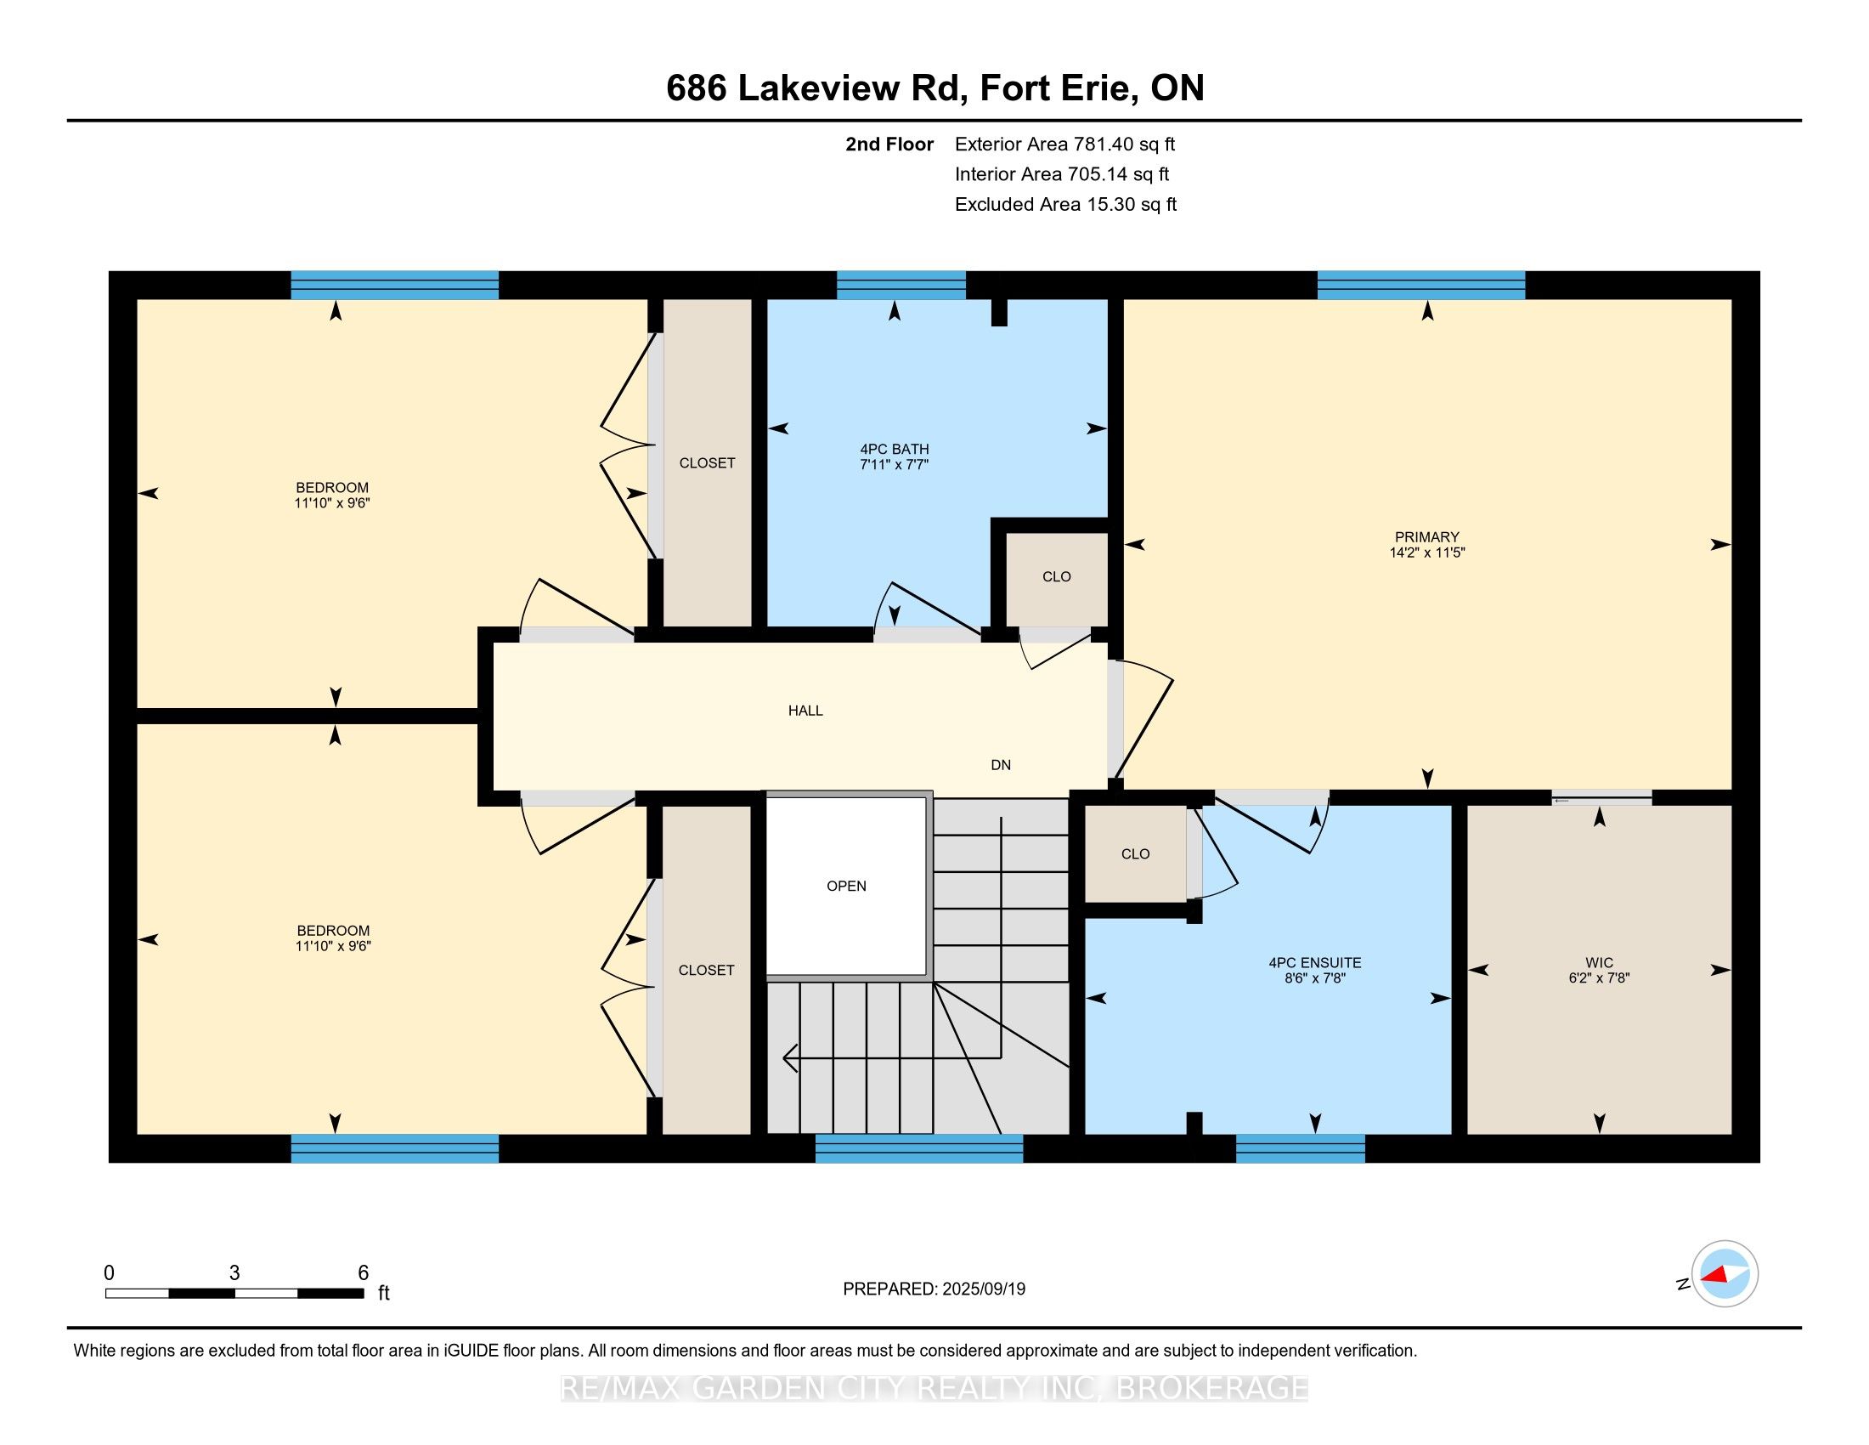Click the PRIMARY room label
point(1426,536)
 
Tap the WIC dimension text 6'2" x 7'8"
point(1599,977)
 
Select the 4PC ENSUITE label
point(1314,962)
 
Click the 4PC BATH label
point(895,449)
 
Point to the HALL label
point(805,710)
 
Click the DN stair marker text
point(1001,764)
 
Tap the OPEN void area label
point(845,886)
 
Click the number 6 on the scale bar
point(363,1273)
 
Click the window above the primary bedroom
point(1420,285)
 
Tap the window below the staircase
point(918,1148)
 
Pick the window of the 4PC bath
point(901,285)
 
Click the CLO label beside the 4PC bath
point(1056,576)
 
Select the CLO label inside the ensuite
point(1135,853)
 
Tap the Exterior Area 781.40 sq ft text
point(1064,144)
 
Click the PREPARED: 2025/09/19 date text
point(934,1289)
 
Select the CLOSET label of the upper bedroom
point(707,462)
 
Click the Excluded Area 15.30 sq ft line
point(1065,204)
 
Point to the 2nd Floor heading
point(889,144)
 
